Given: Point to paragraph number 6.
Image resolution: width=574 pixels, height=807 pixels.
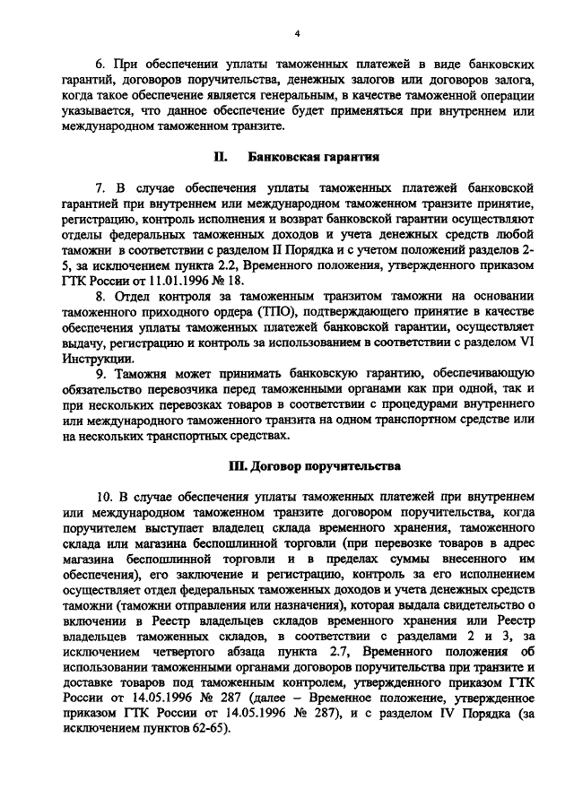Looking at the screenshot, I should [x=100, y=65].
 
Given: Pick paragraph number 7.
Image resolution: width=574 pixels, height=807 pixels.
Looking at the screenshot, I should [x=100, y=187].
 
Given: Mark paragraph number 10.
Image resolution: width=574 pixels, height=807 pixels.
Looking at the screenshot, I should [x=103, y=496].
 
